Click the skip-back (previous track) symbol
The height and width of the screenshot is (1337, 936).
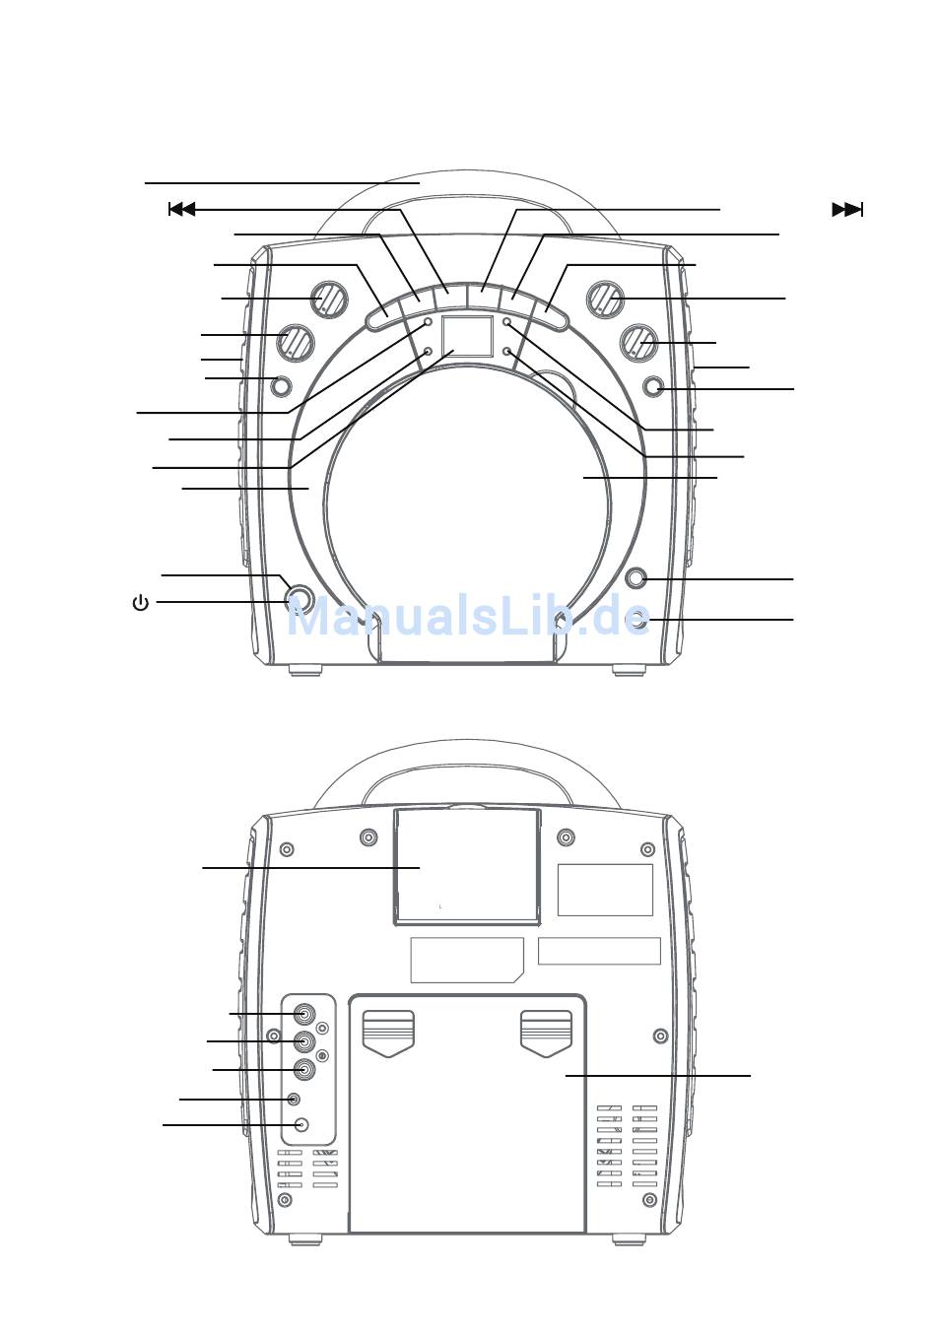point(182,210)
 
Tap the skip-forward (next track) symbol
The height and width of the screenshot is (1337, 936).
point(847,210)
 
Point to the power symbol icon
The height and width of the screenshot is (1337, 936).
point(140,603)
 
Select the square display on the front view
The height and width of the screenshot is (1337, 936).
point(467,337)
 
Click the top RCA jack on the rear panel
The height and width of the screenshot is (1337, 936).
point(304,1014)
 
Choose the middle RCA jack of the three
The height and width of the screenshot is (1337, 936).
point(304,1041)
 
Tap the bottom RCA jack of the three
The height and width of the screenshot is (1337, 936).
point(304,1070)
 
